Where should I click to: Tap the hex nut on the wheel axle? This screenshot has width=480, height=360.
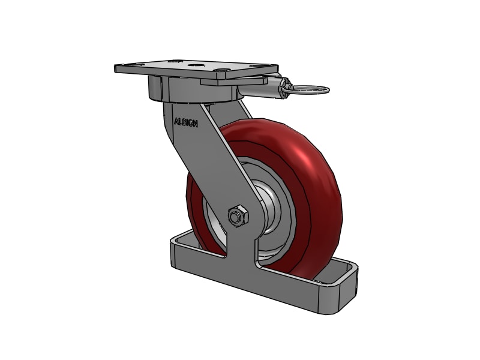point(238,215)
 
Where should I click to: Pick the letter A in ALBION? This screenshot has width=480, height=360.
point(176,121)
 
